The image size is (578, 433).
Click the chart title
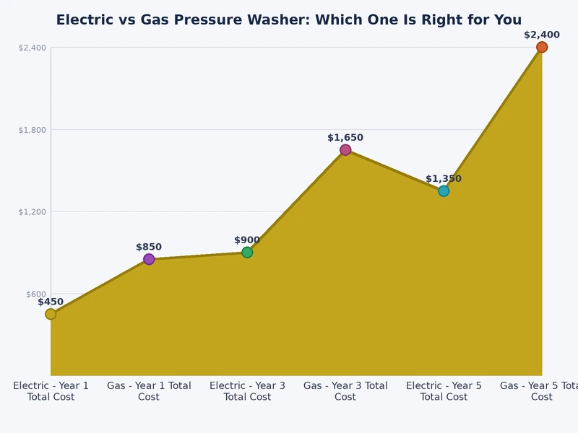(x=289, y=20)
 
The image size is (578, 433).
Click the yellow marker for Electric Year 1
(x=51, y=314)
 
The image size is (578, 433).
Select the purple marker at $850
(x=149, y=259)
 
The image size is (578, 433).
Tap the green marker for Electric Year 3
(x=247, y=252)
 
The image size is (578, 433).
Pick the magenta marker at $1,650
(x=345, y=149)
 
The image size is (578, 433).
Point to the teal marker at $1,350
(x=444, y=191)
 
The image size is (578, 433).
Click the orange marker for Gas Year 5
(x=542, y=47)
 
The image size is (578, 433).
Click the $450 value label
(x=51, y=302)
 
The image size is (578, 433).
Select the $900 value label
(x=247, y=240)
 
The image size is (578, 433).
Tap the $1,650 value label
(x=345, y=138)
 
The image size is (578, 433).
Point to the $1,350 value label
(x=444, y=179)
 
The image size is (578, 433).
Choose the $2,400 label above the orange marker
(x=542, y=35)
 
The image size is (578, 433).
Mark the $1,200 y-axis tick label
(x=32, y=211)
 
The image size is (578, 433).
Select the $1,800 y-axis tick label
(x=32, y=130)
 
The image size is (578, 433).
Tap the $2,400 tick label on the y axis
(x=32, y=48)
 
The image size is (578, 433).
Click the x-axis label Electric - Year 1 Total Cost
(x=51, y=391)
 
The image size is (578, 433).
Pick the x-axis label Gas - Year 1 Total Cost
(x=149, y=391)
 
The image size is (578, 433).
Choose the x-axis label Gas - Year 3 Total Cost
(x=345, y=391)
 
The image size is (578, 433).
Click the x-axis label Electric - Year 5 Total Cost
(x=444, y=391)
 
